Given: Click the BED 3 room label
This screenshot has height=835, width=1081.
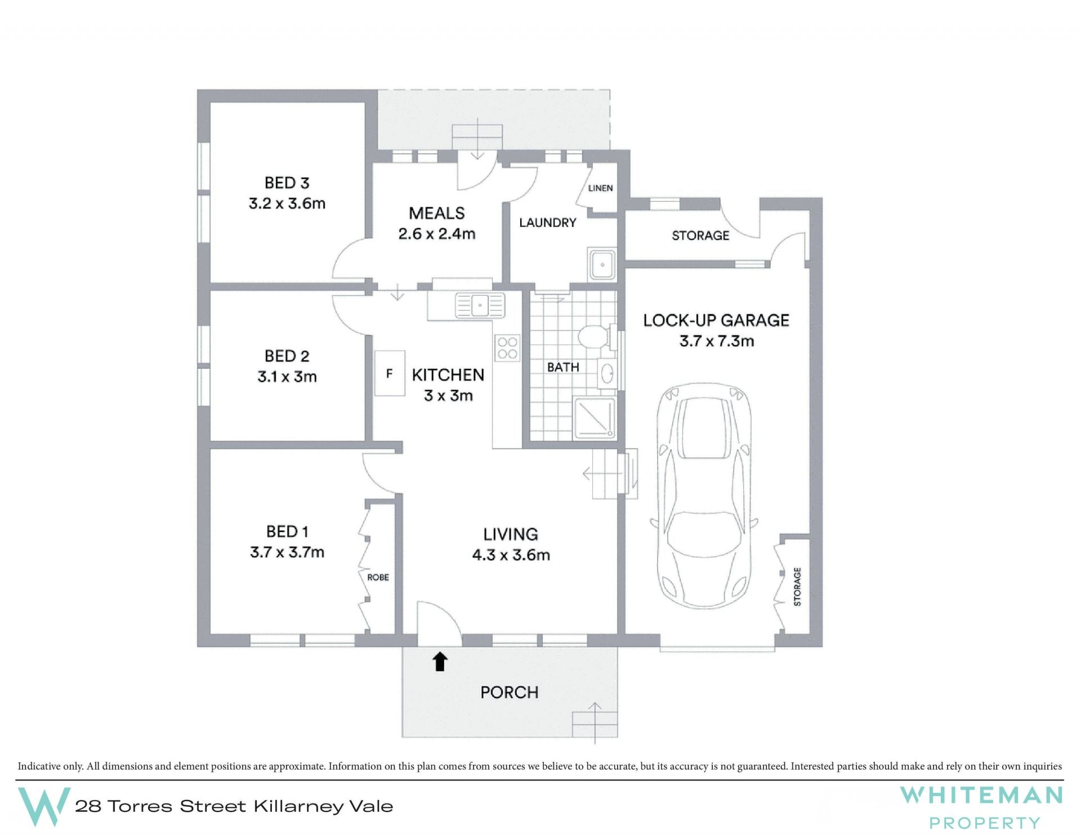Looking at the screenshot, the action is (x=287, y=183).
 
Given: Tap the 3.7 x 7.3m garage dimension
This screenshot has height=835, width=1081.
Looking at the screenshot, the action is (x=716, y=341).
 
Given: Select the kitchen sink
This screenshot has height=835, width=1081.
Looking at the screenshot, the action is (x=480, y=306).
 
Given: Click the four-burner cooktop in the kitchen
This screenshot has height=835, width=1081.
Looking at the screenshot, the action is (x=507, y=348).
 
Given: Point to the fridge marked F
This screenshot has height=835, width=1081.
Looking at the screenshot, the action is (x=390, y=373).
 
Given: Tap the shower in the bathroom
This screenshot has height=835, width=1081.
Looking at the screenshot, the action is (x=595, y=417).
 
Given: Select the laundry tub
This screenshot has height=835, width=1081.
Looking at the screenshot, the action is (x=602, y=264).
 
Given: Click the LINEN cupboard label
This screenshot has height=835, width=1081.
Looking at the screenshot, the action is (x=600, y=188).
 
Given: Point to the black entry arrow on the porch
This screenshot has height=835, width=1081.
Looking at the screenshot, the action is (x=440, y=662).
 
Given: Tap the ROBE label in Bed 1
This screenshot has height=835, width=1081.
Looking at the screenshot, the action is (x=378, y=577).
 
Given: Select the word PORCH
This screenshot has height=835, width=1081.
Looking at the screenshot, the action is (x=509, y=692).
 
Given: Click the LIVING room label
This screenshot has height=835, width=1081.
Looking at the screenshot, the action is (x=511, y=534).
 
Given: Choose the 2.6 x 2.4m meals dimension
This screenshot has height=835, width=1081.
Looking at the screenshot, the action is (x=437, y=234).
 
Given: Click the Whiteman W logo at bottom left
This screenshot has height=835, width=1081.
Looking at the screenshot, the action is (x=44, y=807).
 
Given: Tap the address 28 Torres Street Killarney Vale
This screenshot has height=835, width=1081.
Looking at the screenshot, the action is (x=234, y=806).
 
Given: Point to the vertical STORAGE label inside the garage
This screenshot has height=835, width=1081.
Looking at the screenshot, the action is (x=797, y=587).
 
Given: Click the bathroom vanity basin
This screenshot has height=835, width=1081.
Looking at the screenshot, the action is (x=607, y=373).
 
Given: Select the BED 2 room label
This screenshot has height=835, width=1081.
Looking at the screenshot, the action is (x=287, y=356).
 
